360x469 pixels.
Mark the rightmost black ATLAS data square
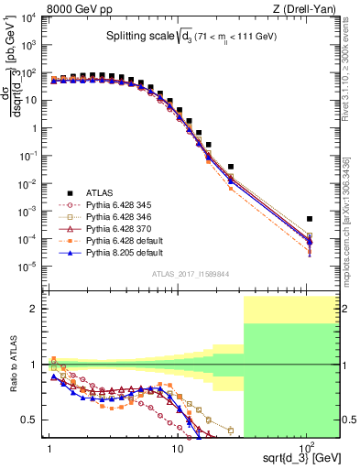coord(310,219)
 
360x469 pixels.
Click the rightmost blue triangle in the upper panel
coord(310,242)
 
